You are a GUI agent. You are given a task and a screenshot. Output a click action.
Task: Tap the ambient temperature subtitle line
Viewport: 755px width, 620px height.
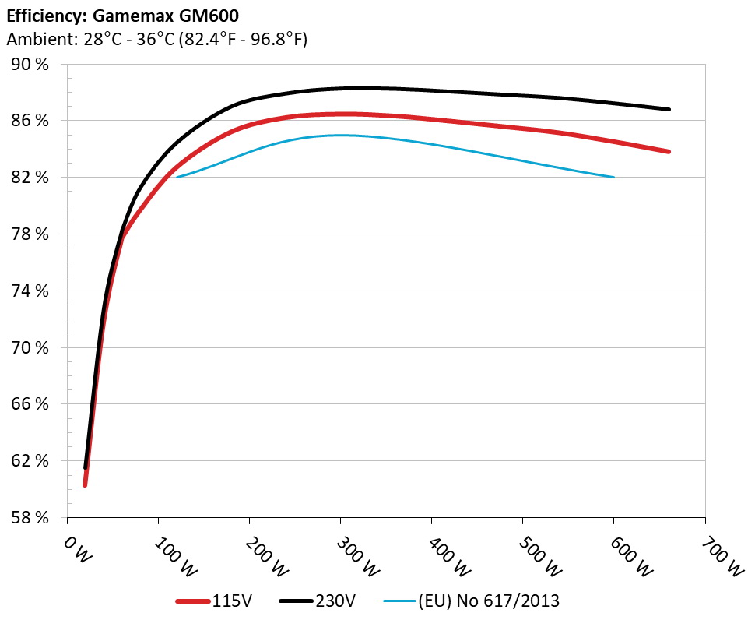click(x=157, y=39)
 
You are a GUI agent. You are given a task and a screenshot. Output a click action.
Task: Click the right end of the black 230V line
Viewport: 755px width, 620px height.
click(x=669, y=109)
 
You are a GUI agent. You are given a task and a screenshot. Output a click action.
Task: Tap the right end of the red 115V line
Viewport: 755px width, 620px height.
click(x=669, y=151)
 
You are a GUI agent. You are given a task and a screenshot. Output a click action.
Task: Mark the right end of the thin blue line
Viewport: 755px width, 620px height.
click(x=614, y=178)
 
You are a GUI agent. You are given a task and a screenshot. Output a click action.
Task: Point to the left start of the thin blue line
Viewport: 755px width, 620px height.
click(x=177, y=178)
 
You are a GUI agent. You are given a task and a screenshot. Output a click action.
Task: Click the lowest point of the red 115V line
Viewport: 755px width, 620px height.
click(x=85, y=484)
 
